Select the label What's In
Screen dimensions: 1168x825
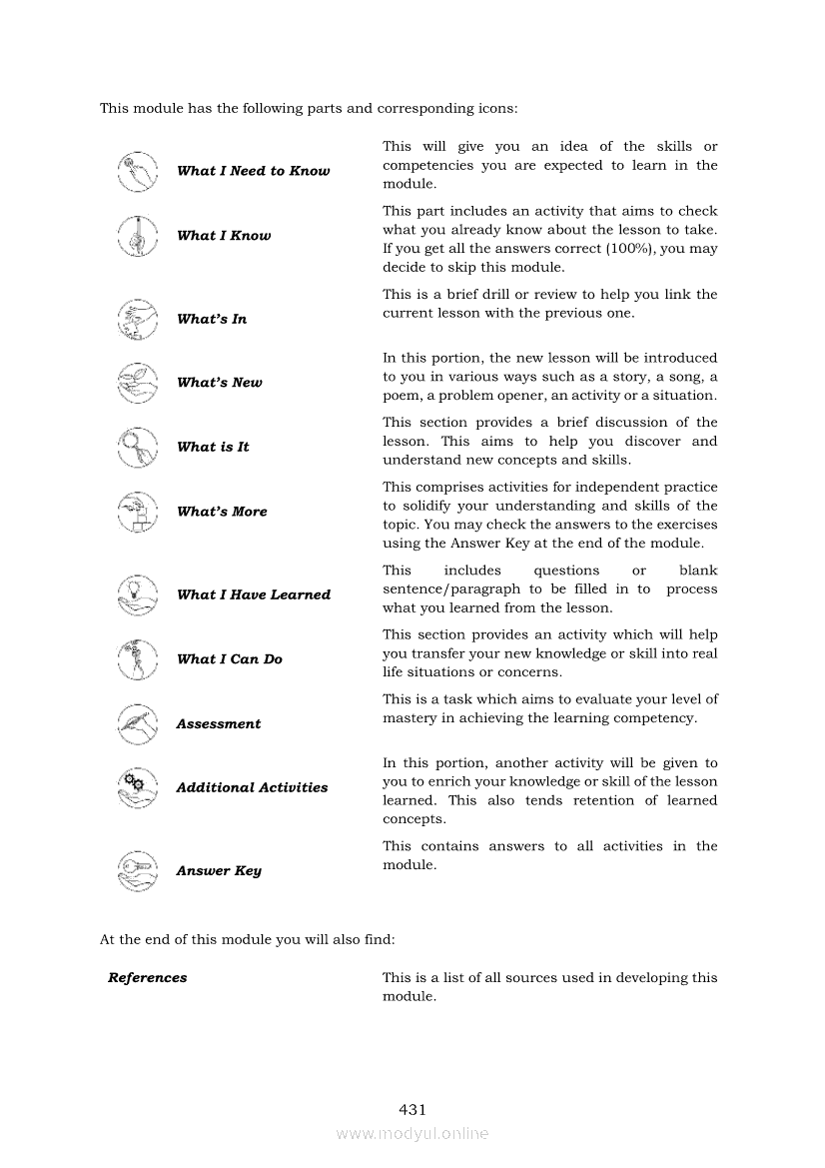coord(212,320)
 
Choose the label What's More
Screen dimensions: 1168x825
coord(222,512)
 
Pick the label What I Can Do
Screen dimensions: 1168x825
coord(230,659)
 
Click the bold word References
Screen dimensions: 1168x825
coord(148,978)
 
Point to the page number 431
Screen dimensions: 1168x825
coord(412,1109)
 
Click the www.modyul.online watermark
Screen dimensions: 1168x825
coord(412,1133)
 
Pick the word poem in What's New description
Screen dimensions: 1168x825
coord(401,396)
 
